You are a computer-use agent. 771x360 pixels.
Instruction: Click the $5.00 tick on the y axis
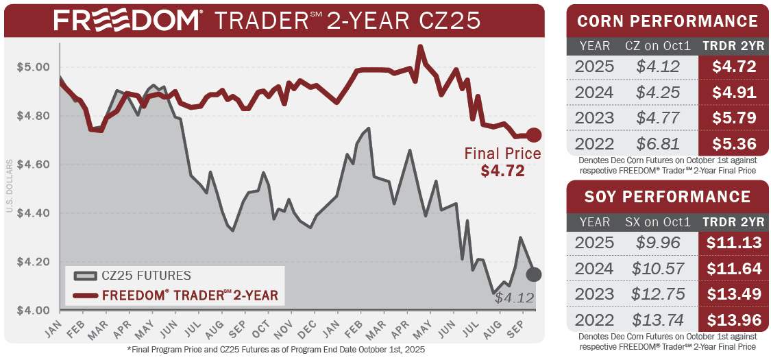(33, 67)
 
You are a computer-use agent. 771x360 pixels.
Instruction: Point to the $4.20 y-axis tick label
(33, 262)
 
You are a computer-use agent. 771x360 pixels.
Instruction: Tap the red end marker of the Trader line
(534, 135)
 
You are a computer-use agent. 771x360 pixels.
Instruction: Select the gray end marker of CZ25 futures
(534, 274)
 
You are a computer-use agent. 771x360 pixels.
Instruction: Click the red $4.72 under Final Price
(502, 171)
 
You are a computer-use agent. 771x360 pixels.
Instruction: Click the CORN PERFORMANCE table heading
(668, 21)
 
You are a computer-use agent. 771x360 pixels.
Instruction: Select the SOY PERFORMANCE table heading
(668, 197)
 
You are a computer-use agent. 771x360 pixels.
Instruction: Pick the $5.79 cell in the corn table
(733, 118)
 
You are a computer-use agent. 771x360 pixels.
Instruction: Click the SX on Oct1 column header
(657, 221)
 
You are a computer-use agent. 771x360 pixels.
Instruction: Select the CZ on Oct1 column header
(657, 47)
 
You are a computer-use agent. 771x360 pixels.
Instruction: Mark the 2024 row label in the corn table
(595, 93)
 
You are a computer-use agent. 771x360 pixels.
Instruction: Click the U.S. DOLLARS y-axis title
(9, 185)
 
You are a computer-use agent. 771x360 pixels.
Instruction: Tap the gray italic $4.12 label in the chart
(513, 298)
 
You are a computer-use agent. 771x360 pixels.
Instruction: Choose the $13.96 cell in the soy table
(733, 320)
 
